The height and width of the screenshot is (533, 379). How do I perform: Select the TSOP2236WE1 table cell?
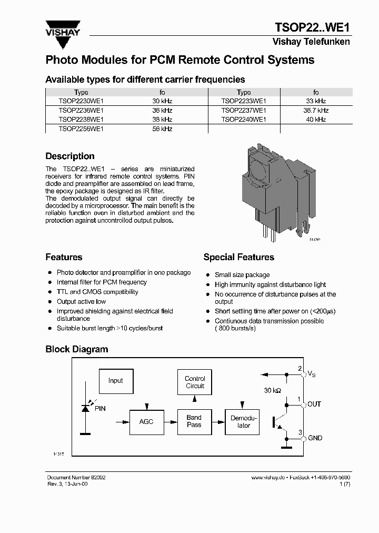pos(81,111)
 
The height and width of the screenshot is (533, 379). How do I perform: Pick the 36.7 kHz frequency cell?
pos(316,111)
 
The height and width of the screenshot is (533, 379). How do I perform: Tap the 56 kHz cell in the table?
pos(162,129)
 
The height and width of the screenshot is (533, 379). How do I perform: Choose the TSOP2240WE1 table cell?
pos(244,120)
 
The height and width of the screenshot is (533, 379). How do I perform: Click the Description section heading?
pos(70,156)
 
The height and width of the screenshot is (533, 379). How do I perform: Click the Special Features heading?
pos(238,258)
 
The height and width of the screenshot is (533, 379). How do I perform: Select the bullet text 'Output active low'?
pos(81,302)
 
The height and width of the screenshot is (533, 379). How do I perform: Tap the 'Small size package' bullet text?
pos(242,275)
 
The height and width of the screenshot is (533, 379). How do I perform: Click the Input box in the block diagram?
pos(116,381)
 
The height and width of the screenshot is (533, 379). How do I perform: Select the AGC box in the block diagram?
pos(146,422)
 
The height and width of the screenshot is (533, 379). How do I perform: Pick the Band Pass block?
pos(194,421)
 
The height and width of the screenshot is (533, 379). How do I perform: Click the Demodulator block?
pos(242,422)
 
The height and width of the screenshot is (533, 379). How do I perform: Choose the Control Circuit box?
pos(195,382)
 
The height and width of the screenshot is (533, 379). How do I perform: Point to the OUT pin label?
pos(314,404)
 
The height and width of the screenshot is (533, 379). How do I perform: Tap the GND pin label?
pos(315,438)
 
